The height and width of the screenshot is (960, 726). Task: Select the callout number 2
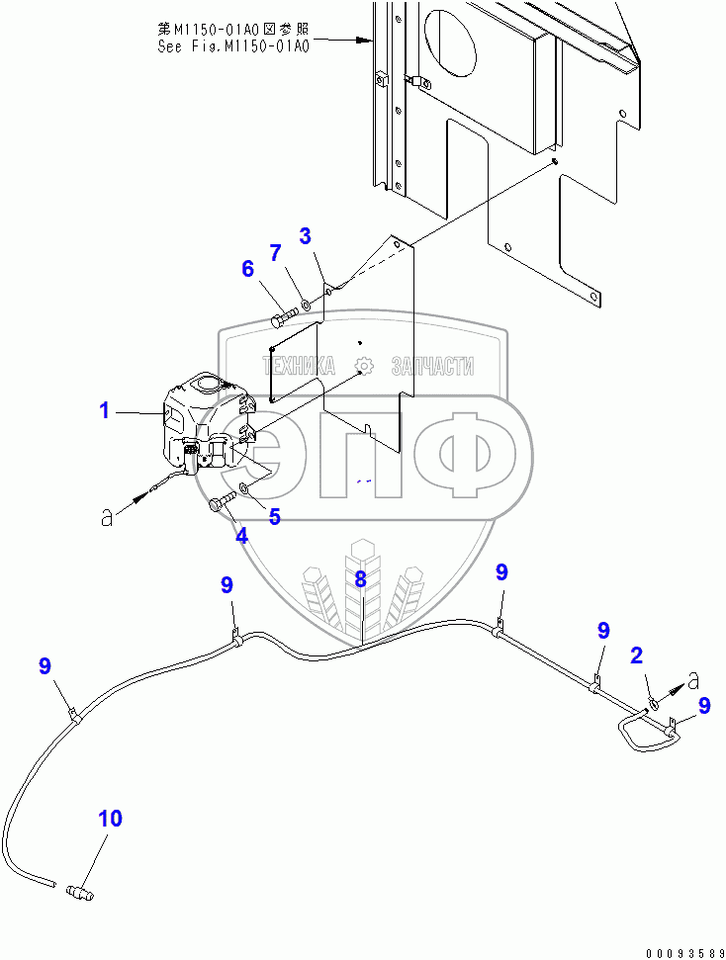point(637,655)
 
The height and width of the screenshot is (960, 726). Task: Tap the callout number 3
point(306,235)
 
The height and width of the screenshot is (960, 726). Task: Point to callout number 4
point(241,536)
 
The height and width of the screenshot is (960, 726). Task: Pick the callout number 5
point(274,516)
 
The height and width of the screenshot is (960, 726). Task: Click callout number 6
point(247,268)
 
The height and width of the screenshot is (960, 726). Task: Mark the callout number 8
point(361,578)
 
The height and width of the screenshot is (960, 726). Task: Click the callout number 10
point(110,819)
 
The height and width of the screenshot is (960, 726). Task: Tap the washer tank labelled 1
point(203,415)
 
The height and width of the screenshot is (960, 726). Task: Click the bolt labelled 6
point(282,318)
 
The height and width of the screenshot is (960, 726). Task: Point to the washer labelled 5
point(246,490)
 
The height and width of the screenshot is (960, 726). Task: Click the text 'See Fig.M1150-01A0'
point(233,46)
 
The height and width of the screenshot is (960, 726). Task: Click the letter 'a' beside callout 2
point(694,679)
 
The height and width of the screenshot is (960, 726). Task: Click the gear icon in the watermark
point(364,367)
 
